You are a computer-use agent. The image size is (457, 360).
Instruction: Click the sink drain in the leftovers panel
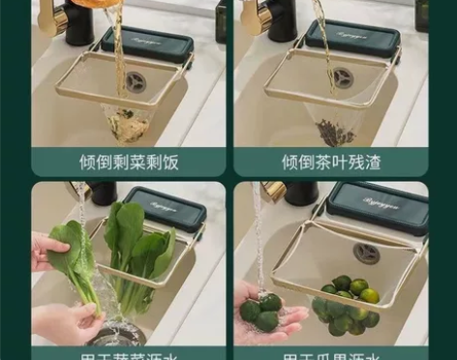coord(136,82)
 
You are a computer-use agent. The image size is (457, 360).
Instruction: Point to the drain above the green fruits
coord(367,253)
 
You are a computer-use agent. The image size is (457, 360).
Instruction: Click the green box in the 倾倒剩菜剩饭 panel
coord(146,43)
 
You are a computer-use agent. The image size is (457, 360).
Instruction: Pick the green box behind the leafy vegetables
coord(166,209)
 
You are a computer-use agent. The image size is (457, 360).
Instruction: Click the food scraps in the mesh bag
coord(124,123)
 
